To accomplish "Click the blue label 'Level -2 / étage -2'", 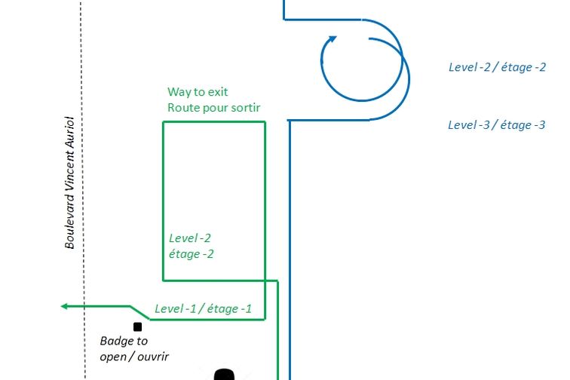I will click(497, 67).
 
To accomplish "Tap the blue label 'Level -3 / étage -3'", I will click(496, 125).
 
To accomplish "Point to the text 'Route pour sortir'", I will click(214, 108).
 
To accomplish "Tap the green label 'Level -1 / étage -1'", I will click(203, 308).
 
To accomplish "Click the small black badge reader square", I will click(138, 326).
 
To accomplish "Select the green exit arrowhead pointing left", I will click(66, 306).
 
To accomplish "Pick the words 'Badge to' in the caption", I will click(124, 341).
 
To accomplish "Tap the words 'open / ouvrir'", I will click(134, 355).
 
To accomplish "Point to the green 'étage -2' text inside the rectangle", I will click(192, 254).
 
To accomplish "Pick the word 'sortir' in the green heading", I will click(244, 108).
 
